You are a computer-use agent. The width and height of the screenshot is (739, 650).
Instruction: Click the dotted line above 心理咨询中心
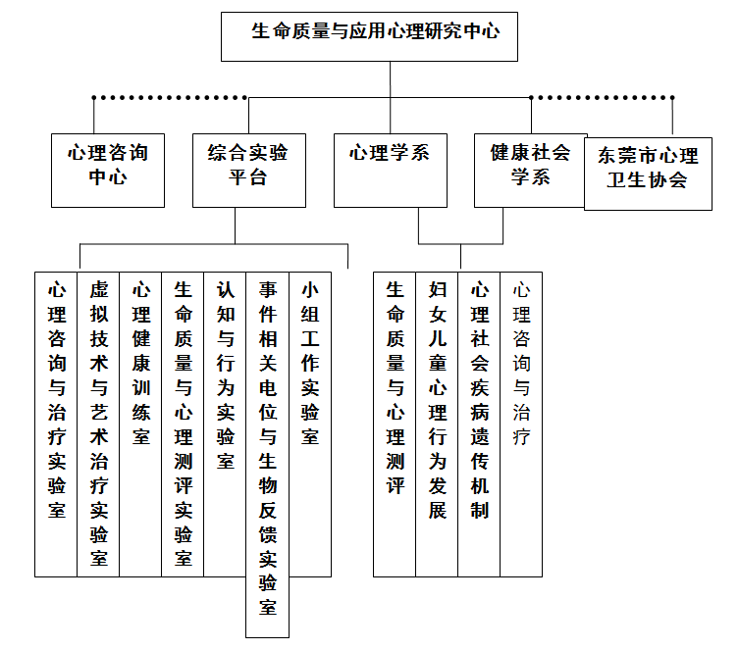coord(170,98)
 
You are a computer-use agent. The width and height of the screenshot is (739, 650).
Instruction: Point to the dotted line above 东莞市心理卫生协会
coord(602,98)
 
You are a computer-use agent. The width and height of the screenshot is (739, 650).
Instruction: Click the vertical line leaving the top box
coord(391,97)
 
